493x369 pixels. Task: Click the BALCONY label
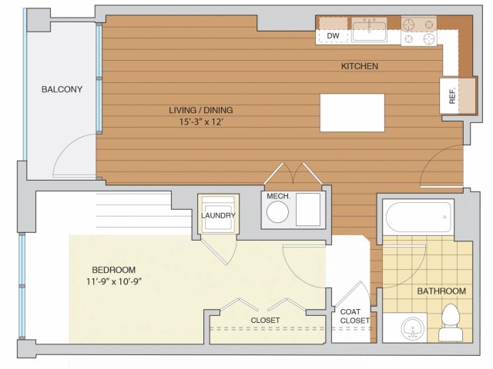[62, 89]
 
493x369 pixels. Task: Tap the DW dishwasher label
[333, 36]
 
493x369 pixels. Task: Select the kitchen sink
[369, 29]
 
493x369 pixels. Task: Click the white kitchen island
[352, 113]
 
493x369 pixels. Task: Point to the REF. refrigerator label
[452, 97]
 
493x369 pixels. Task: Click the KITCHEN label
[360, 66]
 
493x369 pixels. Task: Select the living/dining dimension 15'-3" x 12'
[201, 121]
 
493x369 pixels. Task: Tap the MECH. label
[278, 197]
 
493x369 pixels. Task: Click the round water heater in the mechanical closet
[277, 212]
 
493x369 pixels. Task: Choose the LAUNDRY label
[218, 215]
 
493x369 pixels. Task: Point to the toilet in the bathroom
[451, 322]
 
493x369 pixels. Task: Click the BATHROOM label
[441, 291]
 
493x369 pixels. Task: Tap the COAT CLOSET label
[354, 316]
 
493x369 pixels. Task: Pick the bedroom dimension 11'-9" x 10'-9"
[114, 281]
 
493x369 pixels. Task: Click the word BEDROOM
[114, 270]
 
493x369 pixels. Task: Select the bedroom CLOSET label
[265, 320]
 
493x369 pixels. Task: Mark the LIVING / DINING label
[201, 110]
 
